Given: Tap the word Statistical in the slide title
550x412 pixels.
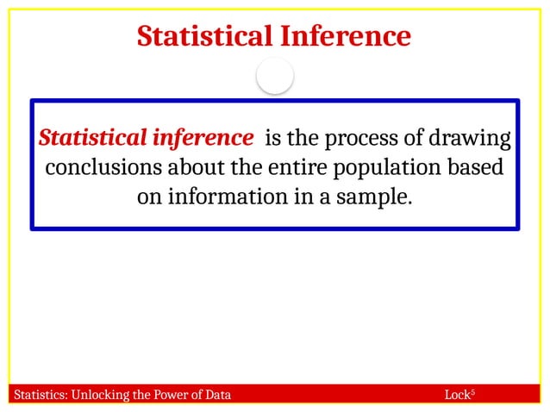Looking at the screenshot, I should pos(204,37).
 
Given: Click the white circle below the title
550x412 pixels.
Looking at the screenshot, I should pos(275,78).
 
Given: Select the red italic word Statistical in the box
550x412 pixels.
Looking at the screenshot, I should pos(92,138).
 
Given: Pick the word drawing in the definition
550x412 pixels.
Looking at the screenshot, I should pos(472,139).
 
